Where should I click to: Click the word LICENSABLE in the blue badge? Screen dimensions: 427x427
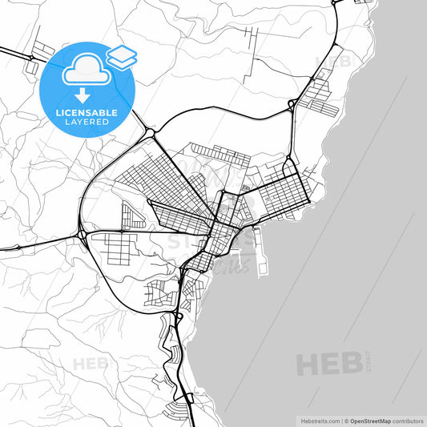point(87,111)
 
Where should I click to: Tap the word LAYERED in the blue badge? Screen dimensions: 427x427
point(87,122)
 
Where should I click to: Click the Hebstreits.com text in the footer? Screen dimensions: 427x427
point(316,420)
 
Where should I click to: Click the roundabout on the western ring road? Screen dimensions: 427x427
point(83,234)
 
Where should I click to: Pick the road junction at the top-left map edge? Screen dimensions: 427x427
point(30,58)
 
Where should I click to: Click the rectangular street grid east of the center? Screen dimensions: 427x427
point(285,192)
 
